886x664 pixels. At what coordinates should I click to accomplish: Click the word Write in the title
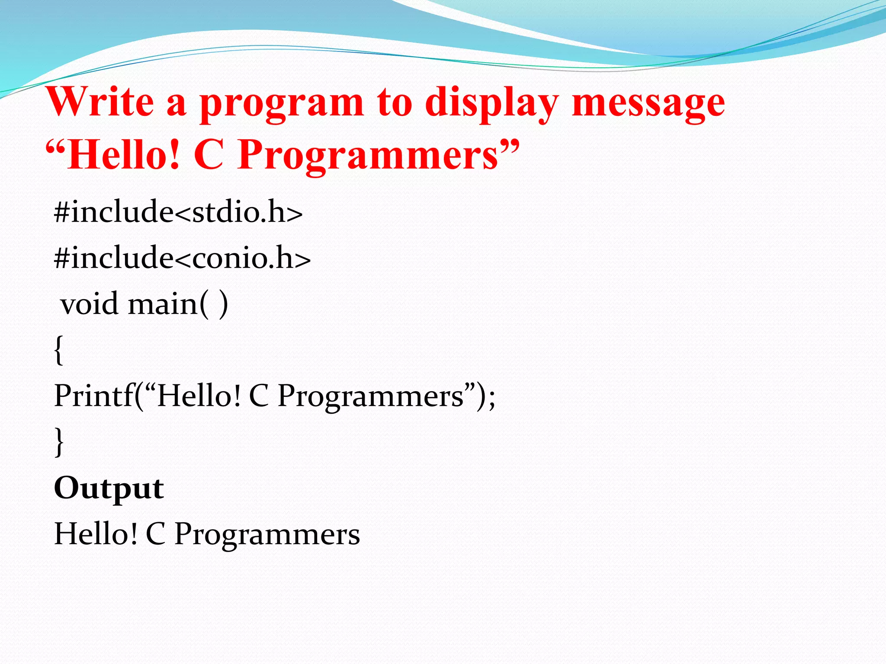click(x=100, y=102)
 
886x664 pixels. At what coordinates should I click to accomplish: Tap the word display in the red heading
click(x=491, y=104)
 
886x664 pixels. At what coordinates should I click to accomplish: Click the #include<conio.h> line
click(x=182, y=258)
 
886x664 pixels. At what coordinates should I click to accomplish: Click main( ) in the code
click(x=178, y=304)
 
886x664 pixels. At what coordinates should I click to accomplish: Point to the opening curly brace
click(x=59, y=350)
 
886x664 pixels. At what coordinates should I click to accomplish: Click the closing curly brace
click(x=59, y=442)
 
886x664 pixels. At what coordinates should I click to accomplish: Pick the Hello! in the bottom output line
click(x=96, y=533)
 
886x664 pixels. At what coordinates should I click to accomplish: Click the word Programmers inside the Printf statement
click(x=370, y=397)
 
